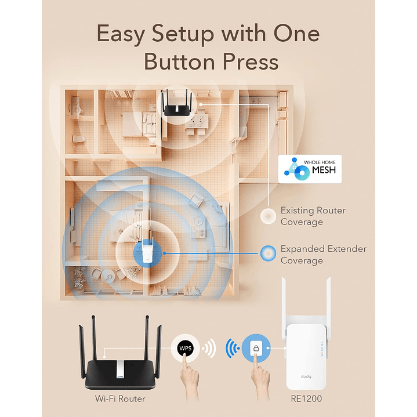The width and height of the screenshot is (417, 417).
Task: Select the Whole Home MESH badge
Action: pos(309,169)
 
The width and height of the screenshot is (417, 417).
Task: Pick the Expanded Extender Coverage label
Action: pos(323,255)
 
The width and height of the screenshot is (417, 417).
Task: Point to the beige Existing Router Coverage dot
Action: pos(267,216)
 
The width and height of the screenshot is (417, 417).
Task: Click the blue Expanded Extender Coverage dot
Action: pos(267,253)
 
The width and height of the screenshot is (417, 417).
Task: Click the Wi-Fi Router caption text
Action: pos(119,399)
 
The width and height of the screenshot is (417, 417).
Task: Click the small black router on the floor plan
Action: pos(179,104)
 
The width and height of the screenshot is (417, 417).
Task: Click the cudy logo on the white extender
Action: pos(304,376)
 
